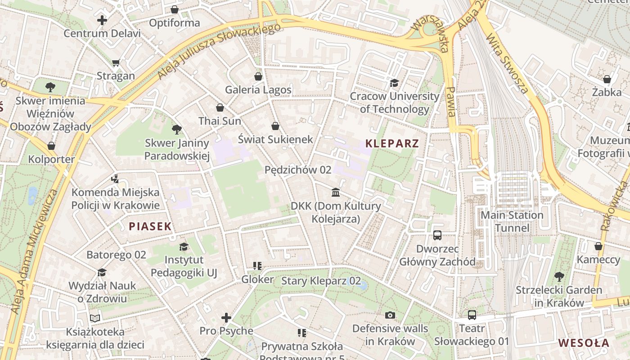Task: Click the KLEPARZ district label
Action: point(392,144)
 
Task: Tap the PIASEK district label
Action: point(150,226)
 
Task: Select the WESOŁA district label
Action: point(584,343)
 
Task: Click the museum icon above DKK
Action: point(336,193)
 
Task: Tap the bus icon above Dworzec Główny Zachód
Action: point(437,235)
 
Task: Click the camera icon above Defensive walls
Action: point(390,315)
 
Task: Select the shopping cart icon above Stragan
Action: point(116,63)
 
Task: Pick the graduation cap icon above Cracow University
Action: point(394,83)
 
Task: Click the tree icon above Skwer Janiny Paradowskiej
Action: point(177,130)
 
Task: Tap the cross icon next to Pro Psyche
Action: point(226,318)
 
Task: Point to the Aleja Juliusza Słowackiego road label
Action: point(219,51)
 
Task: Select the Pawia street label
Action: point(450,102)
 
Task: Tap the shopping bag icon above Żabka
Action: point(607,79)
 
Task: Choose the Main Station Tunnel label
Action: point(512,221)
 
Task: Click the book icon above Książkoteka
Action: point(95,318)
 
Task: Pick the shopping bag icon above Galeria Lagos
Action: point(258,76)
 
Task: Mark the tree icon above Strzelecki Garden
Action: point(559,276)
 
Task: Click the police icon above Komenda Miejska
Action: point(115,179)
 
